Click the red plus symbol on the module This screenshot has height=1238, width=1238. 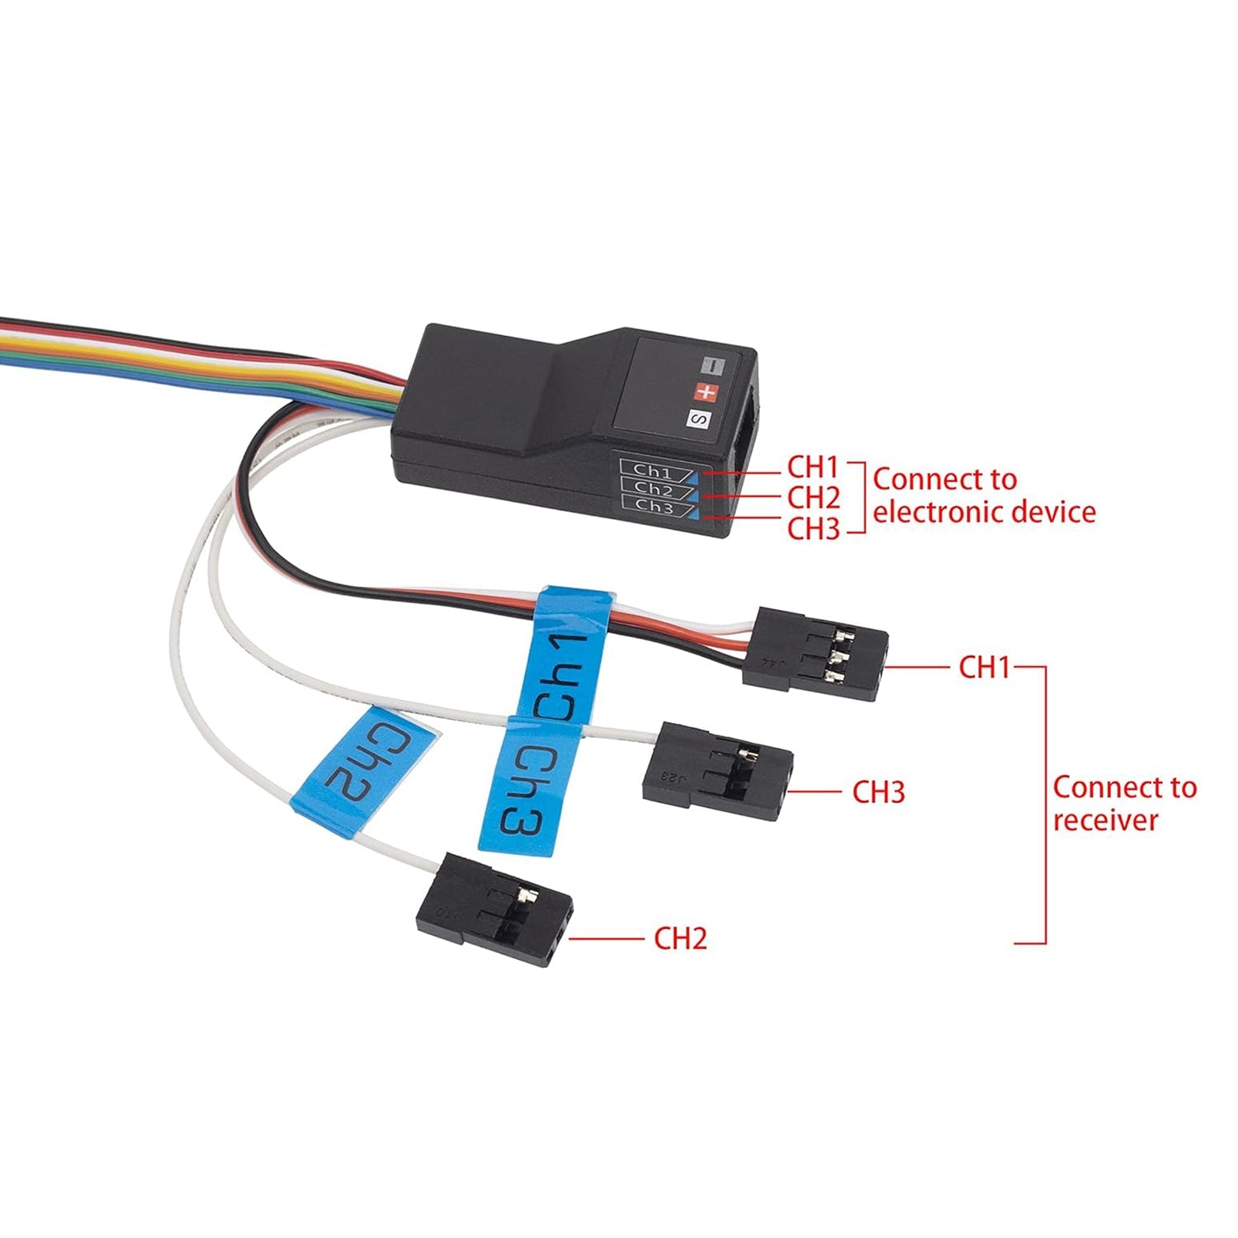pyautogui.click(x=706, y=392)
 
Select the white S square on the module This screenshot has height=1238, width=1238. pyautogui.click(x=698, y=419)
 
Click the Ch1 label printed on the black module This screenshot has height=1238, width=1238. pyautogui.click(x=654, y=471)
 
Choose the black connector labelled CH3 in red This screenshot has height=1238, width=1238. pyautogui.click(x=716, y=773)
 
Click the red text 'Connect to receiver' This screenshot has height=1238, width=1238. pyautogui.click(x=1124, y=803)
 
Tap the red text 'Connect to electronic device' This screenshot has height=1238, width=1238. pyautogui.click(x=984, y=495)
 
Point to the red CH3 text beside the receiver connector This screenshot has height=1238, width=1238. pyautogui.click(x=878, y=792)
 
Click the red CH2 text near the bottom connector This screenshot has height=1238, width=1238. pyautogui.click(x=680, y=938)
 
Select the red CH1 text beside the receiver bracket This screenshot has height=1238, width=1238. pyautogui.click(x=984, y=667)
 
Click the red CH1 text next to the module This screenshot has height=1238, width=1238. pyautogui.click(x=812, y=467)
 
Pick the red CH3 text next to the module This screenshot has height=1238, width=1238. pyautogui.click(x=812, y=528)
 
